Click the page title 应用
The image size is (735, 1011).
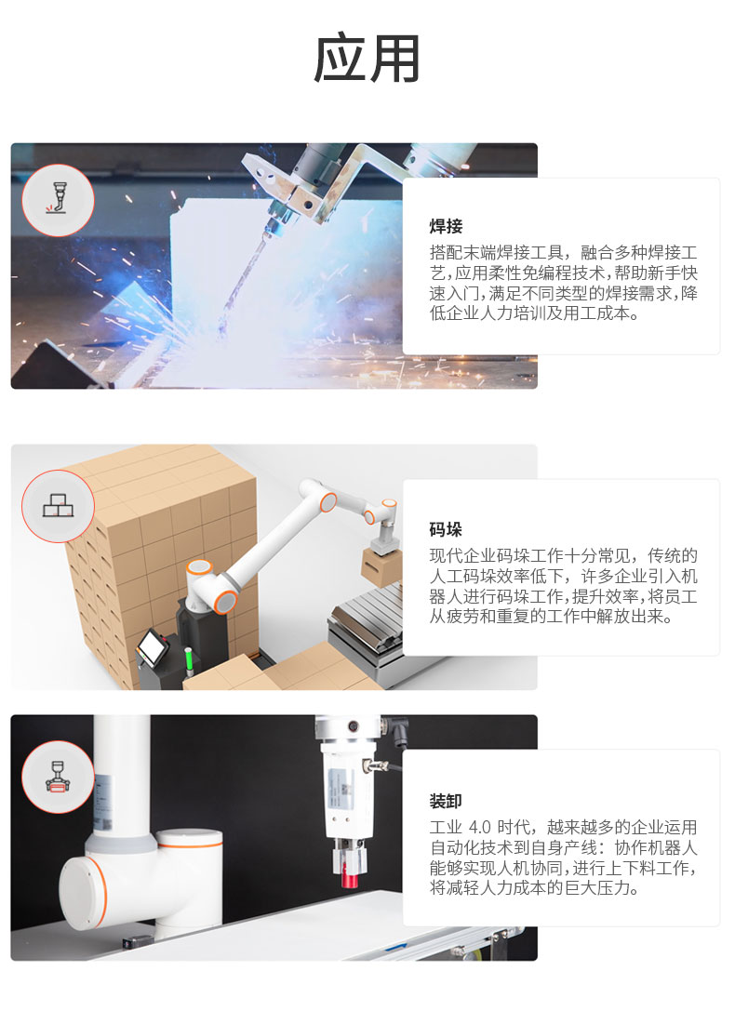point(367,59)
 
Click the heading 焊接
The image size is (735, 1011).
point(447,226)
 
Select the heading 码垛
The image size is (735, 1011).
point(447,529)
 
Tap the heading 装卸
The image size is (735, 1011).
point(447,801)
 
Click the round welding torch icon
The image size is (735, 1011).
point(58,200)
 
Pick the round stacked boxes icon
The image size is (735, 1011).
point(58,506)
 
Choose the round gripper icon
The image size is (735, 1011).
point(58,777)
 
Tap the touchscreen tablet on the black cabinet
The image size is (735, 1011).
point(153,645)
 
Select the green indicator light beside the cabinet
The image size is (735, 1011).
point(189,662)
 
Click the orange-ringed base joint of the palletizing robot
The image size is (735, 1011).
point(226,600)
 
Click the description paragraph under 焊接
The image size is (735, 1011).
point(564,283)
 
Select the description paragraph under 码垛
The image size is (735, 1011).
point(564,585)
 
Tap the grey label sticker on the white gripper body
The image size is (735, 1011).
point(340,788)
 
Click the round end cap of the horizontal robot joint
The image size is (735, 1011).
point(82,892)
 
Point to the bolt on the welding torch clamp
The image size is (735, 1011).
point(308,206)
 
